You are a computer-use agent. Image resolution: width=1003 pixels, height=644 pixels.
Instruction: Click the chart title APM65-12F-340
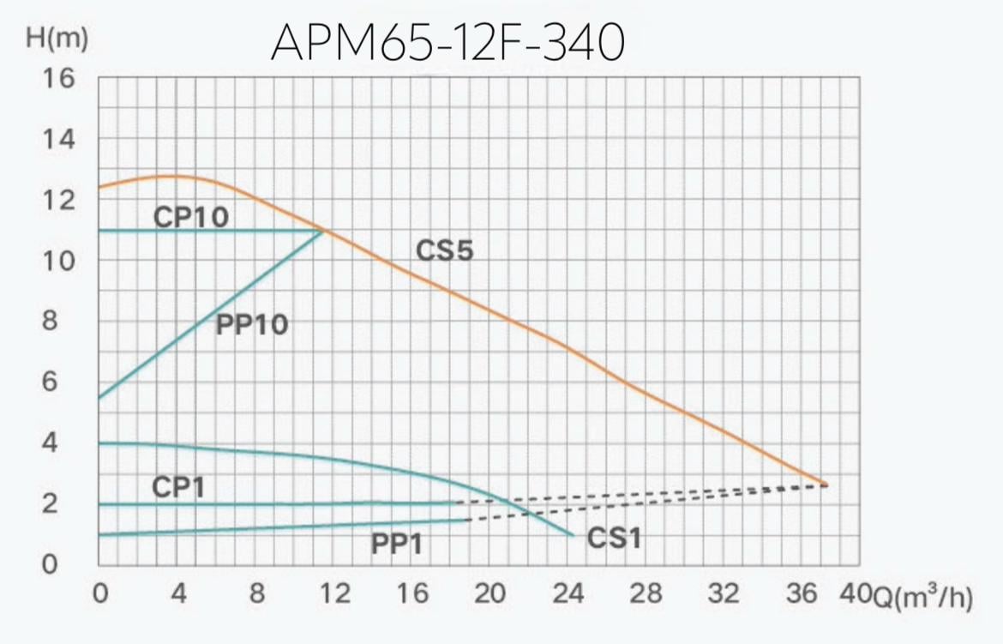[x=447, y=43]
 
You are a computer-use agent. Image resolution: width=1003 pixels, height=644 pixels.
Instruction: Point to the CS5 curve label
[x=444, y=251]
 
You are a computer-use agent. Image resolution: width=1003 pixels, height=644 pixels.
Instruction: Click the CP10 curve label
[x=191, y=217]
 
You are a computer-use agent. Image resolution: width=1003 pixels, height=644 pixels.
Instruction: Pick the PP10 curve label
[x=251, y=325]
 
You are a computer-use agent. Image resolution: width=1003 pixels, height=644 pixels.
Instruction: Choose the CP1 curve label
[x=178, y=488]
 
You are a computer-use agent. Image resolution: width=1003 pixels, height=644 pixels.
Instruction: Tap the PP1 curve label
[x=397, y=544]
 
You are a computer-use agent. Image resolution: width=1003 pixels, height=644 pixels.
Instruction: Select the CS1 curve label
[x=615, y=539]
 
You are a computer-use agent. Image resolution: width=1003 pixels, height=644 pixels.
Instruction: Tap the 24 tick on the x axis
[x=568, y=594]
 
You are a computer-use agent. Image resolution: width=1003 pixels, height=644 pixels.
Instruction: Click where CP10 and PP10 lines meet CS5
[x=323, y=230]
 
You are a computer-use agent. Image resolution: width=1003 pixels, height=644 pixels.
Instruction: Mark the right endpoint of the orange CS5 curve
[x=826, y=485]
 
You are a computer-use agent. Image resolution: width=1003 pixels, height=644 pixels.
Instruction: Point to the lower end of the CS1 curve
[x=572, y=535]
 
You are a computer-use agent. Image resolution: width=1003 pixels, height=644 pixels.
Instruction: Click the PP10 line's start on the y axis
[x=99, y=398]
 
